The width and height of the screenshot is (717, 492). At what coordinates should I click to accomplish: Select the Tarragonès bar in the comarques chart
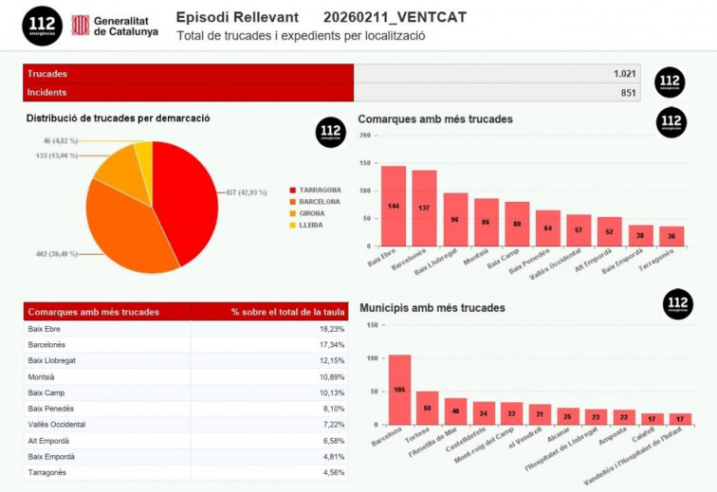pyautogui.click(x=671, y=235)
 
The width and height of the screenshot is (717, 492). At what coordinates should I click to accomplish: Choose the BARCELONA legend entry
pyautogui.click(x=316, y=201)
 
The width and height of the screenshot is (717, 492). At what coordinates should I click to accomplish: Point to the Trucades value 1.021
pyautogui.click(x=625, y=73)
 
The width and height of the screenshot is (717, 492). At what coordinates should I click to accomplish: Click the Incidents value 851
pyautogui.click(x=628, y=92)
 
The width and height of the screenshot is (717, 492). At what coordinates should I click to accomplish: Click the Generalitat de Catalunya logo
pyautogui.click(x=114, y=25)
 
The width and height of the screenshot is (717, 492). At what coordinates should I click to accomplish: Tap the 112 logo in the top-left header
pyautogui.click(x=42, y=26)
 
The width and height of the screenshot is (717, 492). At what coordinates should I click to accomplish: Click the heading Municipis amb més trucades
pyautogui.click(x=432, y=308)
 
